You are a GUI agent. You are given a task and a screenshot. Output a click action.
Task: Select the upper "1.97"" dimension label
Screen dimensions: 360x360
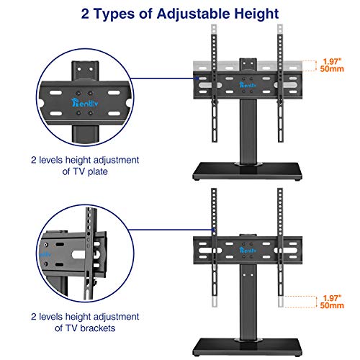pos(332,61)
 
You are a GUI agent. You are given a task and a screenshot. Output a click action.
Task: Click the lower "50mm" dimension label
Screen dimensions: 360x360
pos(332,305)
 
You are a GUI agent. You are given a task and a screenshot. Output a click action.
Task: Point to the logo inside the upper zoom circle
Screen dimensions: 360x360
pos(85,103)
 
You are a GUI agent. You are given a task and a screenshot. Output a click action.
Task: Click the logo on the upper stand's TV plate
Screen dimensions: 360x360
pos(248,85)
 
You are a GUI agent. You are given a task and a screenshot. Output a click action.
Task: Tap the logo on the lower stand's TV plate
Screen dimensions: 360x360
pos(248,250)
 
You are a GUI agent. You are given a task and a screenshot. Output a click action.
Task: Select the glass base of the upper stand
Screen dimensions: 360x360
pos(248,171)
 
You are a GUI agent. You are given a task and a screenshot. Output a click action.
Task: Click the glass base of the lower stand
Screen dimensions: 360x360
pos(248,347)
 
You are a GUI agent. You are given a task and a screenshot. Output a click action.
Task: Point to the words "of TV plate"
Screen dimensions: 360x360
pos(85,171)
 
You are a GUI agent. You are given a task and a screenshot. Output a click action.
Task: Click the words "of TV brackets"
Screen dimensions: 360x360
pos(85,328)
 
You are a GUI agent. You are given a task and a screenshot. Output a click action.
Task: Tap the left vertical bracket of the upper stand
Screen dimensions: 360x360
pos(215,88)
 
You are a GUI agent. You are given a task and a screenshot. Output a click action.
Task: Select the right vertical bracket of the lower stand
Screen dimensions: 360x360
pos(280,242)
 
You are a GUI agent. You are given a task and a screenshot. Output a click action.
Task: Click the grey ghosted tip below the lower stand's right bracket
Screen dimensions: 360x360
pos(280,302)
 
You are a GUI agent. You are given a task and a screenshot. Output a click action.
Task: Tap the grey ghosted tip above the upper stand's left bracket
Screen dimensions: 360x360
pos(214,30)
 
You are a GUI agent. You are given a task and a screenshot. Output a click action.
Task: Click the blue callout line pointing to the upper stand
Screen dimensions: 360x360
pos(164,78)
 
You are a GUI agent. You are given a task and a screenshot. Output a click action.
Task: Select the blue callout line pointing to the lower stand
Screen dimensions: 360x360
pos(171,230)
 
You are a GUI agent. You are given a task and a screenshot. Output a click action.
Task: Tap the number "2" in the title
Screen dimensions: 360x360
pos(85,14)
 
